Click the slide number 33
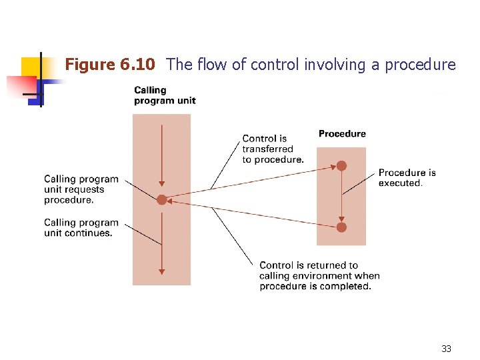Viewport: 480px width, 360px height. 446,349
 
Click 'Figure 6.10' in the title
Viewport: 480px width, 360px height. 110,65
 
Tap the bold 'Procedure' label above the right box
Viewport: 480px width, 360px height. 342,134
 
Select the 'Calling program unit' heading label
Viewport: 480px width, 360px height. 165,95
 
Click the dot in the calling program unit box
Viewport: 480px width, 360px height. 161,199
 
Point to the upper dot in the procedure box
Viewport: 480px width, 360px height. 341,165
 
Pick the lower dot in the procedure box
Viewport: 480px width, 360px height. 341,227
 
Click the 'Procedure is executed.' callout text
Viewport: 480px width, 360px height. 407,178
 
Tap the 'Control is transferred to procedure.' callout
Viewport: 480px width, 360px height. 273,149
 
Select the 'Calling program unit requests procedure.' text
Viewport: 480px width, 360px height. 81,189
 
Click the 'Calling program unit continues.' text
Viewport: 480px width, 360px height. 81,228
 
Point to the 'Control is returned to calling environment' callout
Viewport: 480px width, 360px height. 319,275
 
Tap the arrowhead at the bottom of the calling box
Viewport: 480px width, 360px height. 161,271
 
